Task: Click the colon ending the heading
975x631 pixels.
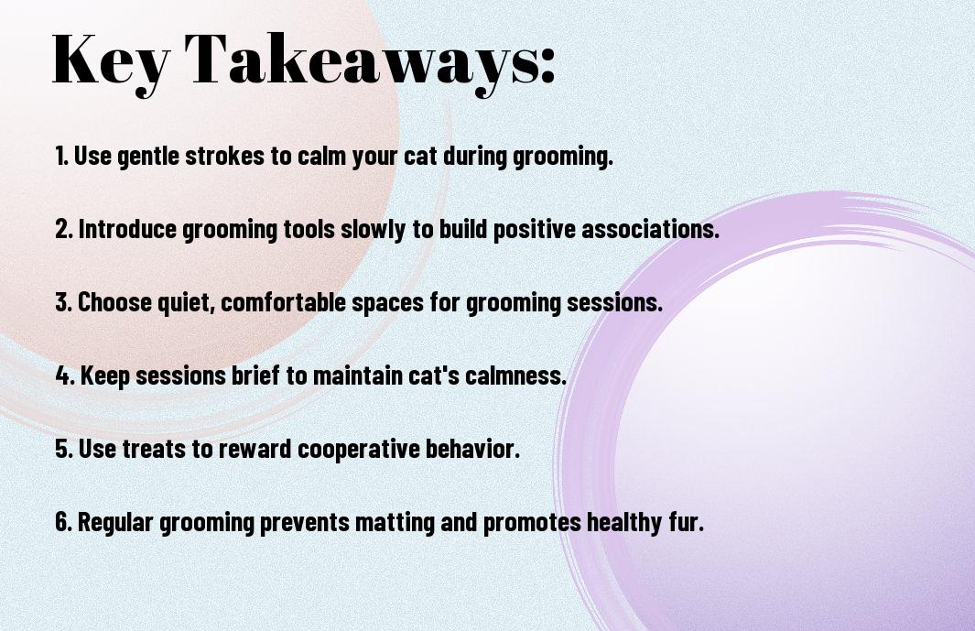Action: click(547, 65)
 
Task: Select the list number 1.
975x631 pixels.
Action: click(61, 156)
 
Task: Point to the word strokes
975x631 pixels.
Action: click(224, 156)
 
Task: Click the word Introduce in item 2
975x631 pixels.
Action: click(127, 229)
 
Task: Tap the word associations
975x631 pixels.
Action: click(650, 229)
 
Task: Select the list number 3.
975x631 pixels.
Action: click(63, 302)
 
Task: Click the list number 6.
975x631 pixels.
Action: click(63, 522)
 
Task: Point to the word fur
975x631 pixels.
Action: click(687, 522)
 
